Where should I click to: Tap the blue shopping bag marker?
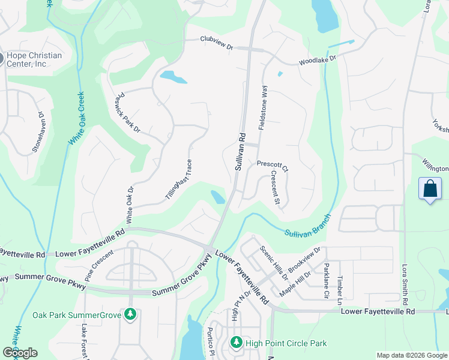(x=430, y=189)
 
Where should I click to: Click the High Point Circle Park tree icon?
(x=237, y=343)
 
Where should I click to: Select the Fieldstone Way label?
(x=263, y=107)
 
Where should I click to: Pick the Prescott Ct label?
(x=273, y=164)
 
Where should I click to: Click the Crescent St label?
(x=276, y=188)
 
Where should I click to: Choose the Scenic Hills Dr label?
(x=274, y=262)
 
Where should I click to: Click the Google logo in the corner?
(x=20, y=353)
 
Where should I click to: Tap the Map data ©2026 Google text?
(x=411, y=355)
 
